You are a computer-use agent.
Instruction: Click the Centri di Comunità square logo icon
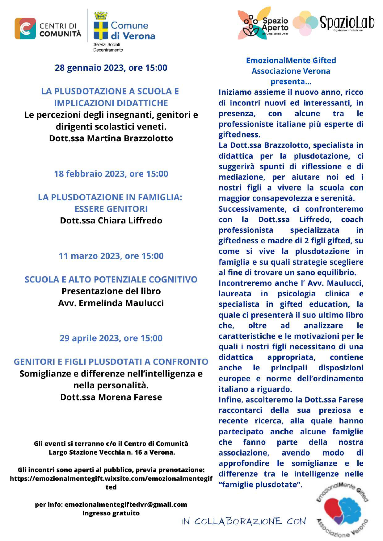[x=25, y=29]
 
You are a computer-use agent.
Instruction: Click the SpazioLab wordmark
[x=347, y=23]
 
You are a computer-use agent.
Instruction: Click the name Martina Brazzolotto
[x=130, y=138]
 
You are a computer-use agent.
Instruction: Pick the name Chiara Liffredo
[x=130, y=220]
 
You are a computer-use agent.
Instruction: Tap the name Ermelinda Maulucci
[x=121, y=303]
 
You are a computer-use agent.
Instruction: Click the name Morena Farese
[x=130, y=397]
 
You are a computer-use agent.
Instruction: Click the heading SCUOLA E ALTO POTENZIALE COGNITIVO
[x=111, y=279]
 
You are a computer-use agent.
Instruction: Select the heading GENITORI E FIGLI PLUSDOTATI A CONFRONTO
[x=111, y=362]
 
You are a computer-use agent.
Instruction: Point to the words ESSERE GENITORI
[x=111, y=209]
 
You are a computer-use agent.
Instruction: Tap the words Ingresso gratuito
[x=111, y=513]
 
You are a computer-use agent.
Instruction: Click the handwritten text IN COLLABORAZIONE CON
[x=244, y=522]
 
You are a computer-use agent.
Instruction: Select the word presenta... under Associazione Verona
[x=291, y=82]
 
